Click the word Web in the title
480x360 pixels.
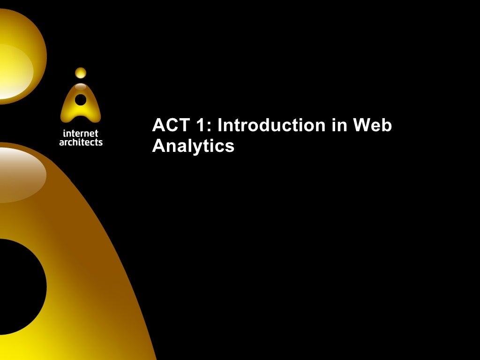coord(373,126)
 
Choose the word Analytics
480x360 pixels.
coord(193,146)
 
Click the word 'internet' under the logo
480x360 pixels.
coord(81,134)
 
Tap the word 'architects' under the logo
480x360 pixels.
coord(81,142)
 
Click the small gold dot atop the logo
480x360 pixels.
coord(81,73)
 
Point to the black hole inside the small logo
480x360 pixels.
coord(81,99)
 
